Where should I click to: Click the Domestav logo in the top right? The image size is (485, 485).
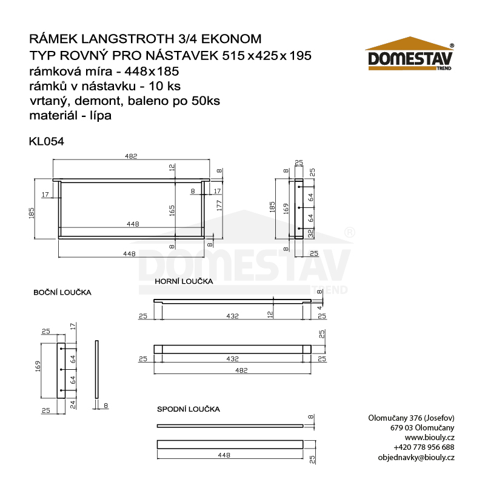pyautogui.click(x=410, y=56)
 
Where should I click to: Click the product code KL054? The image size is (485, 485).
pyautogui.click(x=47, y=141)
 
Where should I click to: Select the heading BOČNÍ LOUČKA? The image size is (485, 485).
pyautogui.click(x=62, y=292)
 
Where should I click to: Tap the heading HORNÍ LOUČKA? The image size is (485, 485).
pyautogui.click(x=183, y=282)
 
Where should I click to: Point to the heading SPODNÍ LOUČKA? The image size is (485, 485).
pyautogui.click(x=188, y=409)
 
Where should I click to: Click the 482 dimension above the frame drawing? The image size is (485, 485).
pyautogui.click(x=131, y=156)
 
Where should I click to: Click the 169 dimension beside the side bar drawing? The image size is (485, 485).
pyautogui.click(x=38, y=366)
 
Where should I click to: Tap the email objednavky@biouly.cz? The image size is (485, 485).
pyautogui.click(x=416, y=457)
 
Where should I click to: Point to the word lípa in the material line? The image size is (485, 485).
pyautogui.click(x=98, y=115)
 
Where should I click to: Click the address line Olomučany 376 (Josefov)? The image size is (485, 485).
pyautogui.click(x=412, y=418)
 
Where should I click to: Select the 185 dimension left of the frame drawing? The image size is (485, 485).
pyautogui.click(x=32, y=212)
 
